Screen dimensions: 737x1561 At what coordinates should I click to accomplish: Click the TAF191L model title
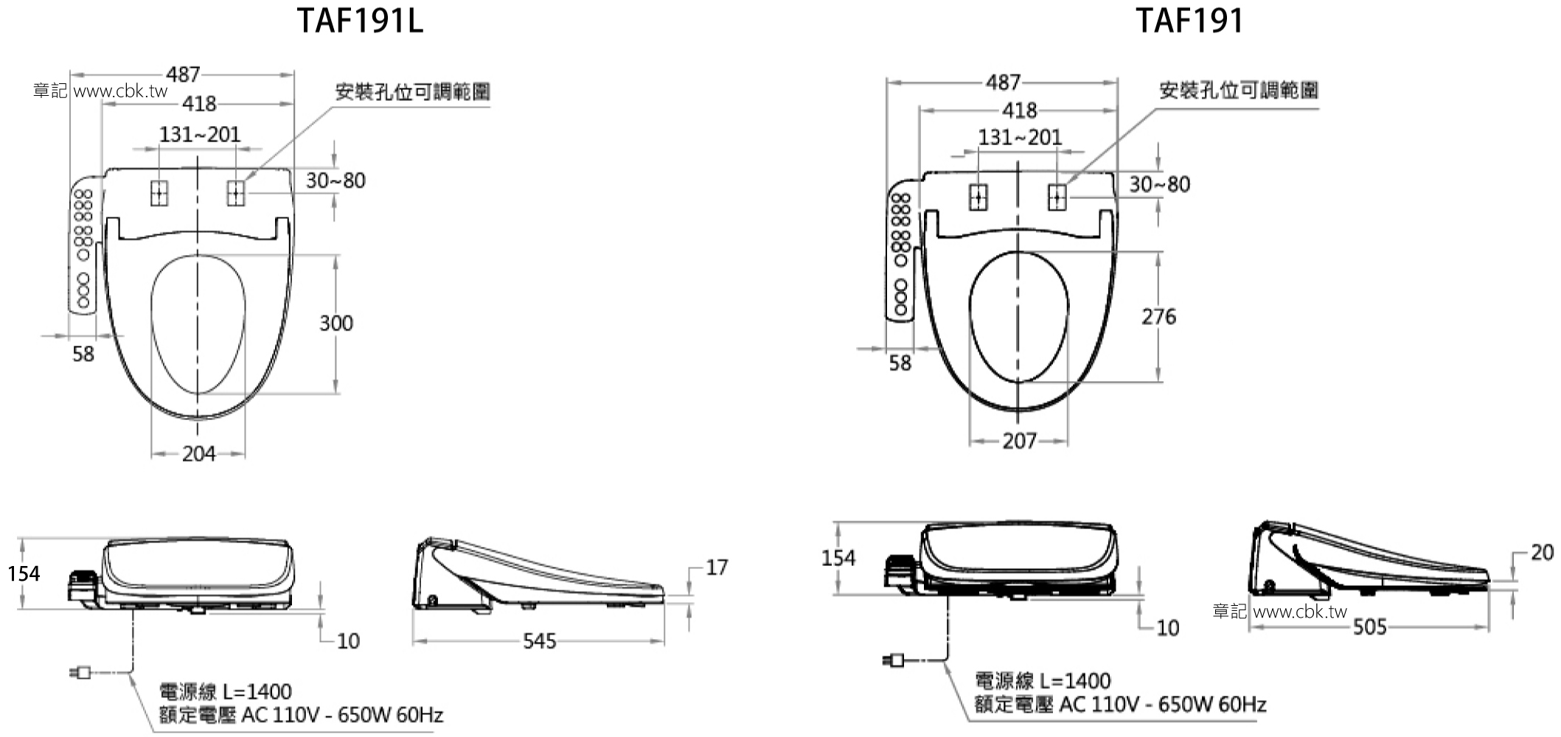point(360,21)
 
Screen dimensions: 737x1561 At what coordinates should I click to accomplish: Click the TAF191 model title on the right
point(1189,21)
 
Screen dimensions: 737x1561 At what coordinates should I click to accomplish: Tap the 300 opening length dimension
point(336,323)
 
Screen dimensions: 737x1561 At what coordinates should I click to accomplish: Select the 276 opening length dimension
point(1158,317)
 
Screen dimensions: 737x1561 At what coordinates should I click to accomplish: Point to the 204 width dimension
point(199,454)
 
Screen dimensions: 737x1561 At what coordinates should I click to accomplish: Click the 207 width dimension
point(1019,441)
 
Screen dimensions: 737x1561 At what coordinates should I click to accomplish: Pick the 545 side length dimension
point(539,641)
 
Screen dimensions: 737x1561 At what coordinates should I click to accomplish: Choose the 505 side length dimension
point(1369,627)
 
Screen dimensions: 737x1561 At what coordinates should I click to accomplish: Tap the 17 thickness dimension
point(717,567)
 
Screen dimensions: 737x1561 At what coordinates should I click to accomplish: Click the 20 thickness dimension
point(1542,552)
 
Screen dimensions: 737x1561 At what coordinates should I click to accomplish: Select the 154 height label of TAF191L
point(24,573)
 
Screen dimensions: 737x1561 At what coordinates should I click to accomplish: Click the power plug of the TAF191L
point(80,672)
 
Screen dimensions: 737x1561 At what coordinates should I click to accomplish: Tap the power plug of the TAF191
point(894,660)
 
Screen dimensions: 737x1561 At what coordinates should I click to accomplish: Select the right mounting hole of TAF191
point(1057,198)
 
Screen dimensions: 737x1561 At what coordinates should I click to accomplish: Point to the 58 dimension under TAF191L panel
point(83,354)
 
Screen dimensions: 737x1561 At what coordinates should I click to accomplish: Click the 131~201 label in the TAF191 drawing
point(1020,137)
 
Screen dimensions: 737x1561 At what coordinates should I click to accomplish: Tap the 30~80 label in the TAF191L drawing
point(336,181)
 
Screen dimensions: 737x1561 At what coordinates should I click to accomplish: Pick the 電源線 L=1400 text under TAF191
point(1043,680)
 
